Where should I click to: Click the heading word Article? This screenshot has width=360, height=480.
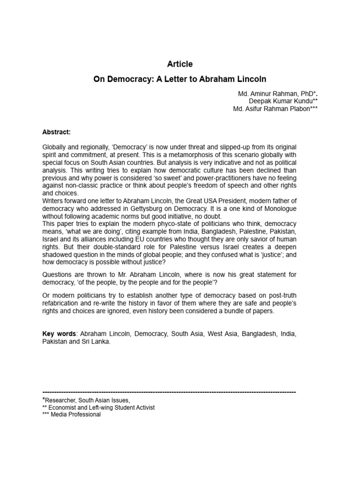click(x=180, y=64)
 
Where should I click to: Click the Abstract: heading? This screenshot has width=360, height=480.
click(x=57, y=132)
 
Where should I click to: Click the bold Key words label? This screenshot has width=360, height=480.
click(x=59, y=334)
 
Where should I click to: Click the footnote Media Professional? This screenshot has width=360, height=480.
click(x=75, y=414)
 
